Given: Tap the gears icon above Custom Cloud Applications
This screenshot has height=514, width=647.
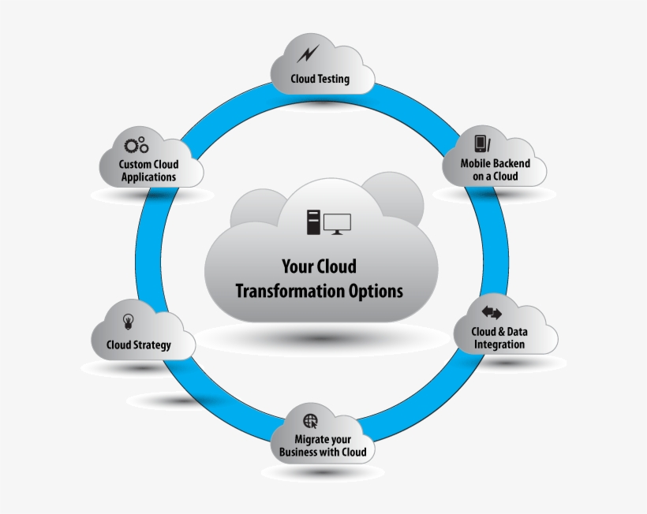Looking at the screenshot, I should pyautogui.click(x=137, y=145).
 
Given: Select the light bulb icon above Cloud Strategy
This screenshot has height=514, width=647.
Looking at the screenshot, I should pyautogui.click(x=128, y=321).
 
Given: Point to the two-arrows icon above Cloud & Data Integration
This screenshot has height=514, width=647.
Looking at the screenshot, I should pyautogui.click(x=492, y=312).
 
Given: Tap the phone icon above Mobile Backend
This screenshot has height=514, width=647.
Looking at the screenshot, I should pyautogui.click(x=481, y=143).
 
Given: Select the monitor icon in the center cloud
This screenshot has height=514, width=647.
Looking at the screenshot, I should pyautogui.click(x=337, y=223).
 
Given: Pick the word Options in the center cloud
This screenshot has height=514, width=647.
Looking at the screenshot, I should pyautogui.click(x=376, y=291).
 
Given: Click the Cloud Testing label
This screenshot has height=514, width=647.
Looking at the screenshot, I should pyautogui.click(x=320, y=80).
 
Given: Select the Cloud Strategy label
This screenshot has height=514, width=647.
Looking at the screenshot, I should pyautogui.click(x=139, y=345).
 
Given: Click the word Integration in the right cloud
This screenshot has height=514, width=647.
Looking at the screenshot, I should pyautogui.click(x=499, y=345).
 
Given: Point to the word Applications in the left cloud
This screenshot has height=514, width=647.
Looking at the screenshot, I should pyautogui.click(x=149, y=177).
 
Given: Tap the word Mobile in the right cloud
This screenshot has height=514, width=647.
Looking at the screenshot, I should pyautogui.click(x=477, y=164).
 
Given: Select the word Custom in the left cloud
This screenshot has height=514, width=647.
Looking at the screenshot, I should pyautogui.click(x=134, y=164).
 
